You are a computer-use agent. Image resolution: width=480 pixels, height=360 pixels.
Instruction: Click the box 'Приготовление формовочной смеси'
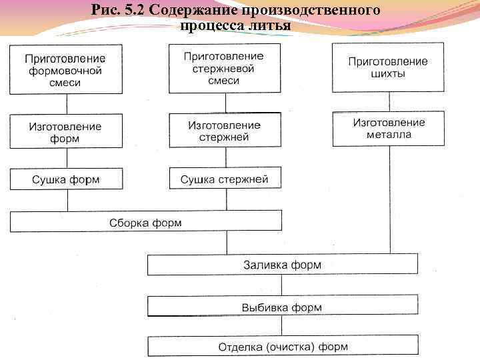pos(65,69)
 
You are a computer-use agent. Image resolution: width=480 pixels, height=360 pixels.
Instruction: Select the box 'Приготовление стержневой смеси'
pos(223,67)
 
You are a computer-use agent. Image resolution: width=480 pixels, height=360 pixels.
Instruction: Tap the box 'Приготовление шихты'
pos(388,67)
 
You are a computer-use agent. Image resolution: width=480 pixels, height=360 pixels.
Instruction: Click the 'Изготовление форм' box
pos(65,131)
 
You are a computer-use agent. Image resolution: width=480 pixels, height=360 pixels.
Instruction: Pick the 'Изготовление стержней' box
pos(223,130)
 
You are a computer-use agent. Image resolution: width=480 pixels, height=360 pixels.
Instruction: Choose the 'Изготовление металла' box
pos(388,128)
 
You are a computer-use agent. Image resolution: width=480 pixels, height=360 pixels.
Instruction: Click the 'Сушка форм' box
pos(65,179)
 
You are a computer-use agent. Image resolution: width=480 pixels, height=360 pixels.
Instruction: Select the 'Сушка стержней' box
pos(224,178)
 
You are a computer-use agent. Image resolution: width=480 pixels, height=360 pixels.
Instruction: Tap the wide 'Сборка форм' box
pos(145,222)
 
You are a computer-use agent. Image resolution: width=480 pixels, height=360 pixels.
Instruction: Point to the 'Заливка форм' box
pos(282,264)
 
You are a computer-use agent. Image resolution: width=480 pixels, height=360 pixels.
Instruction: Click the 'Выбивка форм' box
pos(282,307)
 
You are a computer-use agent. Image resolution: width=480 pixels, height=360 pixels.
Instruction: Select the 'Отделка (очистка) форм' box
pos(283,345)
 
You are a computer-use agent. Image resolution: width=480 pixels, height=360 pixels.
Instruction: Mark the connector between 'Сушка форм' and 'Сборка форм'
pos(65,201)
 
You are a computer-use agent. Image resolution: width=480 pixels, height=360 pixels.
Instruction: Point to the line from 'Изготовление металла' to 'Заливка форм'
pos(389,200)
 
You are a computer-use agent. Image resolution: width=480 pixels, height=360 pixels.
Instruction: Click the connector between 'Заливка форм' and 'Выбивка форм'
pos(282,285)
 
